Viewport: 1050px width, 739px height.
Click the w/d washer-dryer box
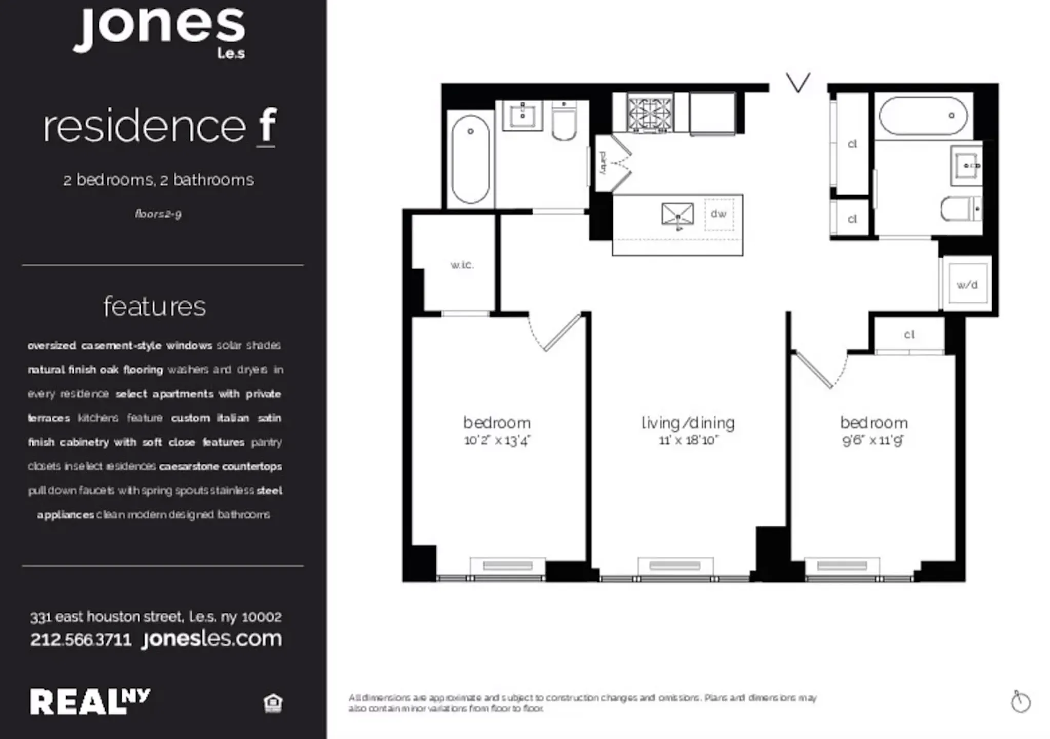click(x=967, y=285)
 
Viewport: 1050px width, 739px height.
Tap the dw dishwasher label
click(x=718, y=214)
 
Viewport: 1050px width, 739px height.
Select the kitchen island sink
click(x=677, y=215)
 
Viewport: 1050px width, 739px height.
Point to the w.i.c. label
click(x=462, y=265)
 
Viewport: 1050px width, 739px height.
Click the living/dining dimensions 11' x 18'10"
click(x=688, y=440)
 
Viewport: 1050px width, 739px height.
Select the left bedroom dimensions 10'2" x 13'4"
click(x=497, y=440)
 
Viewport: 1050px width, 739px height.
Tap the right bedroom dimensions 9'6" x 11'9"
click(x=873, y=440)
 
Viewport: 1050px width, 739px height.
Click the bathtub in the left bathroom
click(x=470, y=159)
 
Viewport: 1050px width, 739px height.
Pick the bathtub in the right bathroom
click(x=923, y=116)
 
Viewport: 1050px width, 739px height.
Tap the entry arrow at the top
click(x=798, y=83)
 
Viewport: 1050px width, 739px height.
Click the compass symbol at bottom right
click(x=1020, y=702)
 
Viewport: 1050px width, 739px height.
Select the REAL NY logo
click(x=90, y=702)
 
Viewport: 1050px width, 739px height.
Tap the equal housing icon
click(x=273, y=703)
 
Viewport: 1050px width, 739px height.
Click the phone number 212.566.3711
click(x=81, y=640)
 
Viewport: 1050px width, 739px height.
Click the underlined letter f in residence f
click(x=267, y=126)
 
